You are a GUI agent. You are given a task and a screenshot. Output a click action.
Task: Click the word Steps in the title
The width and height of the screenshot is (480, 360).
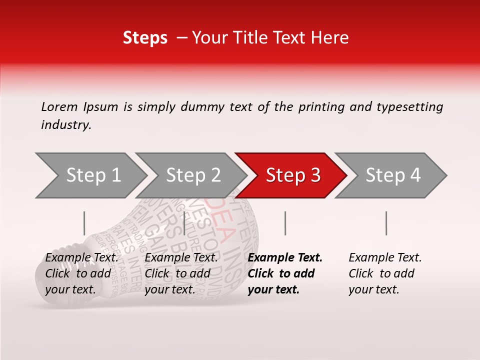pos(145,38)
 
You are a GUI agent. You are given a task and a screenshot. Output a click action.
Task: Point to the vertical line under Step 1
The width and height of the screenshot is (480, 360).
pos(84,223)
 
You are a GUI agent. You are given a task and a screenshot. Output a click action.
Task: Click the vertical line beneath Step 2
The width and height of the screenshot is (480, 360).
pos(185,223)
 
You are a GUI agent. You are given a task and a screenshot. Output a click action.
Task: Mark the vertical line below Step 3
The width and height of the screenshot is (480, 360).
pos(285,223)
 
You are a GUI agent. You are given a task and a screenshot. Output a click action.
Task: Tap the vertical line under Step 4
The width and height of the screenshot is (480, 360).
pos(386,223)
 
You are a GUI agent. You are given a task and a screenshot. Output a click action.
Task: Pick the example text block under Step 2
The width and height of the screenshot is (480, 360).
pos(181,273)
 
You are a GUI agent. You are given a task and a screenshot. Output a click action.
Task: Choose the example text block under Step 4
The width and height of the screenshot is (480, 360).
pos(385,273)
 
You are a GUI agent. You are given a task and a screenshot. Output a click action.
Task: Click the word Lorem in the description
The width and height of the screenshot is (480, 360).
pos(59,107)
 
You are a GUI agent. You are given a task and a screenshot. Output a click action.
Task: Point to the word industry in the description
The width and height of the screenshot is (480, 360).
pos(65,125)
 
